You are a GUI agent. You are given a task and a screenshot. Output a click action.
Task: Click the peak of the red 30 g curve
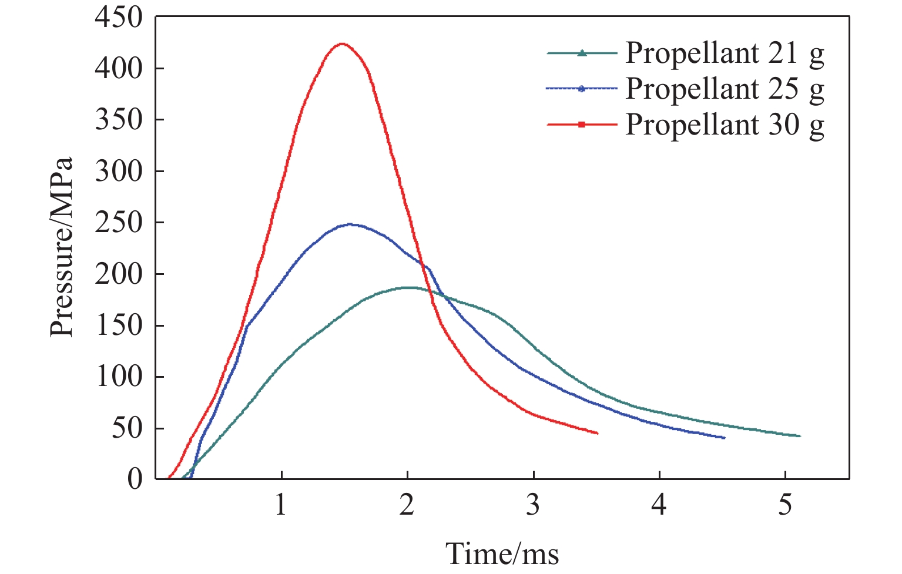tap(341, 44)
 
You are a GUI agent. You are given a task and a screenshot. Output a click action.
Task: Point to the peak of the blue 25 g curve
tap(350, 224)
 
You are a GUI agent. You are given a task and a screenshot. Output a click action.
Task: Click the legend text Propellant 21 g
tap(725, 54)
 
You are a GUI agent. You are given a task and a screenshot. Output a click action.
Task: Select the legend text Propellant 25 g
tap(725, 89)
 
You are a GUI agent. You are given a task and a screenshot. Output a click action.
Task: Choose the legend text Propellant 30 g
tap(725, 125)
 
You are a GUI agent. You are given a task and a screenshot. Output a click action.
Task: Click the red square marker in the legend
tap(582, 125)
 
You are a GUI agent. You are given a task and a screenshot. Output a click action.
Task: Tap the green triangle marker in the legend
tap(582, 53)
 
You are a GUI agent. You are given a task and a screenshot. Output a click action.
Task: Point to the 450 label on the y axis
tap(119, 18)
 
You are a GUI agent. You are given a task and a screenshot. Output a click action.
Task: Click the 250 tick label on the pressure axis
tap(119, 223)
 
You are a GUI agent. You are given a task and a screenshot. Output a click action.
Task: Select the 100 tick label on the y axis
tap(119, 377)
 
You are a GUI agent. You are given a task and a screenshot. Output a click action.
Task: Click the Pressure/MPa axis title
tap(62, 247)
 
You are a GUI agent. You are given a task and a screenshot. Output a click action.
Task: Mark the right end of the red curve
tap(597, 433)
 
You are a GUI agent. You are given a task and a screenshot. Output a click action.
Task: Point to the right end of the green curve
tap(800, 436)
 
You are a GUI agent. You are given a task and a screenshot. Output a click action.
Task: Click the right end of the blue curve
tap(724, 438)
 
